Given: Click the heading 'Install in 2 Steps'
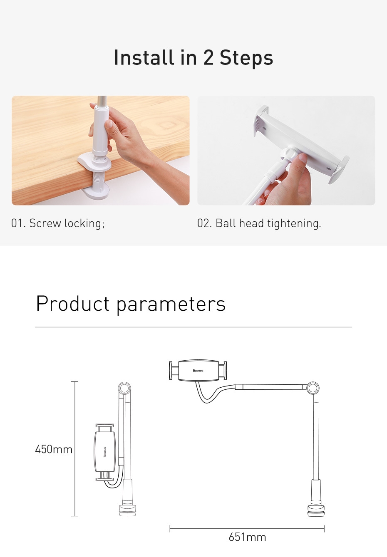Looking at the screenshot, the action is click(x=193, y=58).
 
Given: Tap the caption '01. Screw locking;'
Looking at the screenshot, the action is click(x=58, y=223).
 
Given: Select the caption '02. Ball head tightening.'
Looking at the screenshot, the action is click(x=259, y=223).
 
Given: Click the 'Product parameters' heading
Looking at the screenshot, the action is click(x=131, y=304).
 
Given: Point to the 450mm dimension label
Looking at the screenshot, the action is click(x=54, y=449).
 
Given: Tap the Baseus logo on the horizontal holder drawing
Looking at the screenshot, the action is click(x=198, y=371).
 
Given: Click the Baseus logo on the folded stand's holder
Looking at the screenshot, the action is click(x=105, y=452).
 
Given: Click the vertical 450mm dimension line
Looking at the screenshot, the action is click(x=74, y=449).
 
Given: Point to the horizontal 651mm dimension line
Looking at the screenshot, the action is click(x=247, y=529).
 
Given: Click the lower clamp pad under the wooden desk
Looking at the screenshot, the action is click(x=97, y=191).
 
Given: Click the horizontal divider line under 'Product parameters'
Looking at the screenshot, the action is click(x=193, y=327).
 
